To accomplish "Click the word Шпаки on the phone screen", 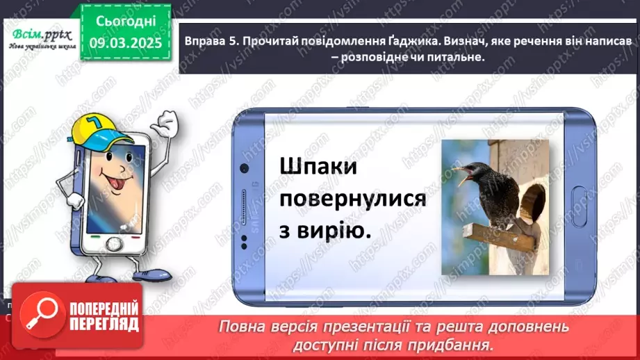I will point(318,167).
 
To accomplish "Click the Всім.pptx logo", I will point(39,39).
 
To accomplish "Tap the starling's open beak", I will point(461,174).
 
